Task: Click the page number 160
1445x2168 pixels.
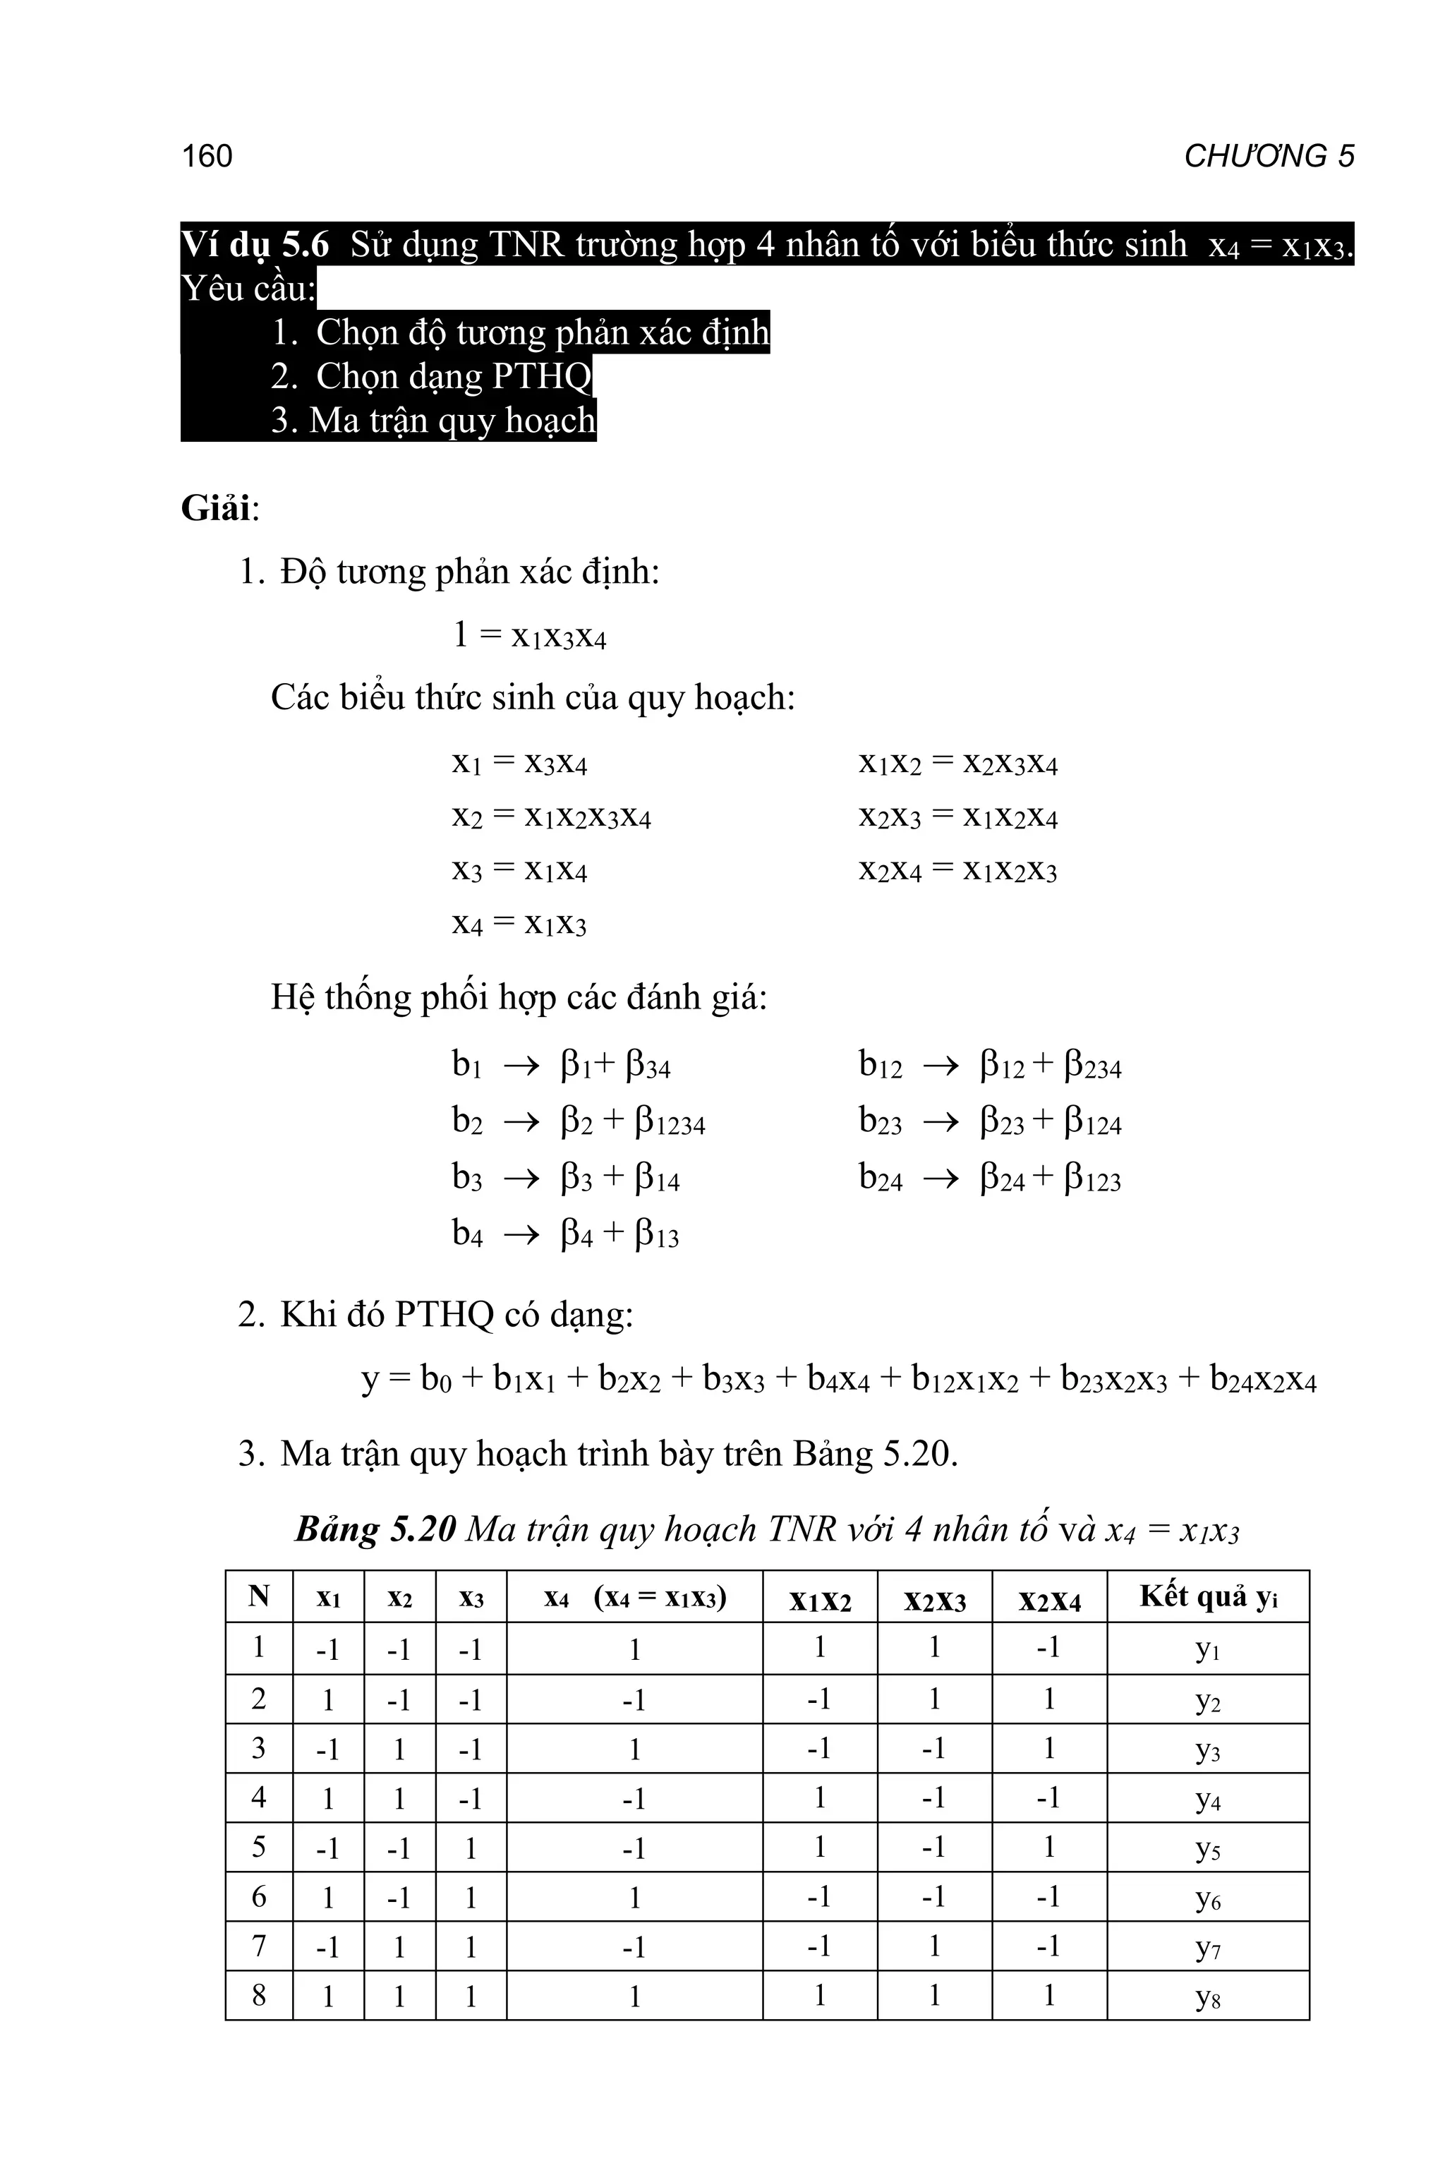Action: tap(207, 156)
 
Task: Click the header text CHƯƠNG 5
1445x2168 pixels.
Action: tap(1268, 156)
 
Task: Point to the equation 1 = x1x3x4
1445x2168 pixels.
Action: tap(529, 636)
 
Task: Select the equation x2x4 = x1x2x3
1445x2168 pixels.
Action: tap(957, 870)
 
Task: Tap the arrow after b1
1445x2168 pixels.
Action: tap(521, 1067)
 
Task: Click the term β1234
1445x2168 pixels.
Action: tap(670, 1123)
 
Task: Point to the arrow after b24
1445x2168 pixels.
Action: tap(941, 1179)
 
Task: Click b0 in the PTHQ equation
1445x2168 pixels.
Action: tap(435, 1379)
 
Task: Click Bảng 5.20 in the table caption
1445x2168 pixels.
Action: tap(375, 1529)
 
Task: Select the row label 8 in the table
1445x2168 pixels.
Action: tap(259, 1996)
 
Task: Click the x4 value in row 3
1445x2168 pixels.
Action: tap(634, 1749)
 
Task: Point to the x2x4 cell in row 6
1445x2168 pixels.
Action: tap(1048, 1897)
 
